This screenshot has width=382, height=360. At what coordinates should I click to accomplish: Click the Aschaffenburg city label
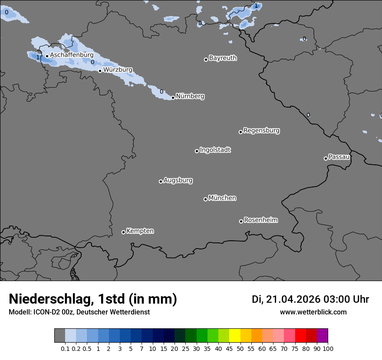click(72, 55)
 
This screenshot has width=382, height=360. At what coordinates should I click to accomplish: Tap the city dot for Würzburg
click(100, 71)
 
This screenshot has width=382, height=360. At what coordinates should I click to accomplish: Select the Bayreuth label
click(223, 58)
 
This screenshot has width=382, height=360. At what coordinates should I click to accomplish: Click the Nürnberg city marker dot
click(173, 98)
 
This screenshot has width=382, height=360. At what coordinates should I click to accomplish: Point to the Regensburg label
click(261, 130)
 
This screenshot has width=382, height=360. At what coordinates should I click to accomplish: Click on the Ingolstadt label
click(215, 150)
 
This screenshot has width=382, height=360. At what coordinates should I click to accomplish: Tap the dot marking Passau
click(326, 158)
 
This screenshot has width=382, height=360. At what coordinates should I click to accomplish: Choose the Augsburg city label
click(178, 180)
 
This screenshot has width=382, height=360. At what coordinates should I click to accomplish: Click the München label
click(222, 198)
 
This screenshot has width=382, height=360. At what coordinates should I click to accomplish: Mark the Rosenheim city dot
click(241, 222)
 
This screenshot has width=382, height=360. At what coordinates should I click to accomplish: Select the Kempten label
click(140, 231)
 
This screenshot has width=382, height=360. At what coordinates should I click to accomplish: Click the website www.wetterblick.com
click(313, 312)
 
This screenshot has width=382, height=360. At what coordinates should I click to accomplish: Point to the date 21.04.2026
click(293, 299)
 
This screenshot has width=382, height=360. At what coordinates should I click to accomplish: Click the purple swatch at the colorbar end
click(322, 336)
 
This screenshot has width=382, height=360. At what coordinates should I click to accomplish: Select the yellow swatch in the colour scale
click(234, 336)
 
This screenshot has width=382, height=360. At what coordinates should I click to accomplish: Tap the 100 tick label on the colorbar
click(328, 348)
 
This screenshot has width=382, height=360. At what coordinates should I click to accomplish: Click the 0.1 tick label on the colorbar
click(65, 348)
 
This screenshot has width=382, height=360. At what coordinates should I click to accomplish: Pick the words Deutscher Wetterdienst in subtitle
click(113, 312)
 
